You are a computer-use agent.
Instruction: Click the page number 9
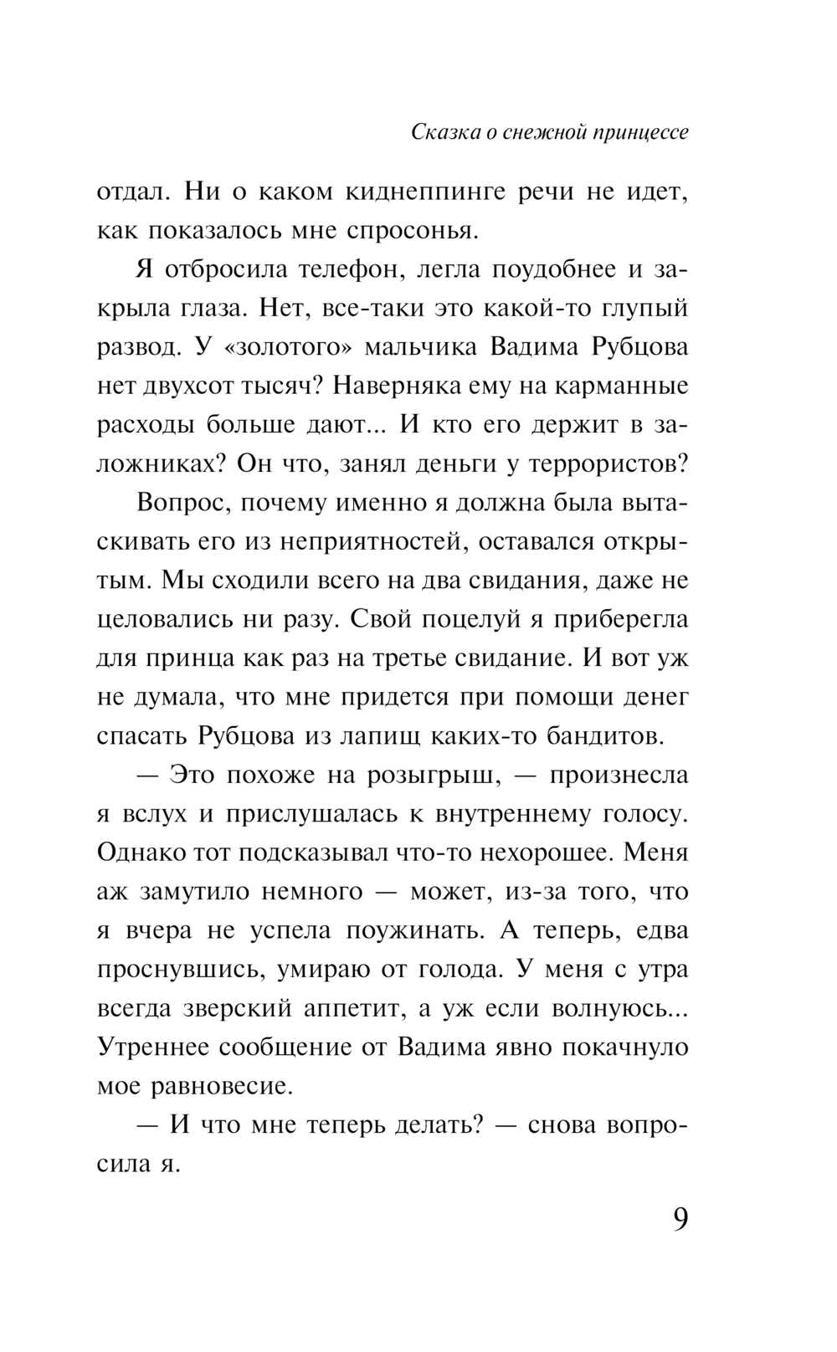[680, 1219]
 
